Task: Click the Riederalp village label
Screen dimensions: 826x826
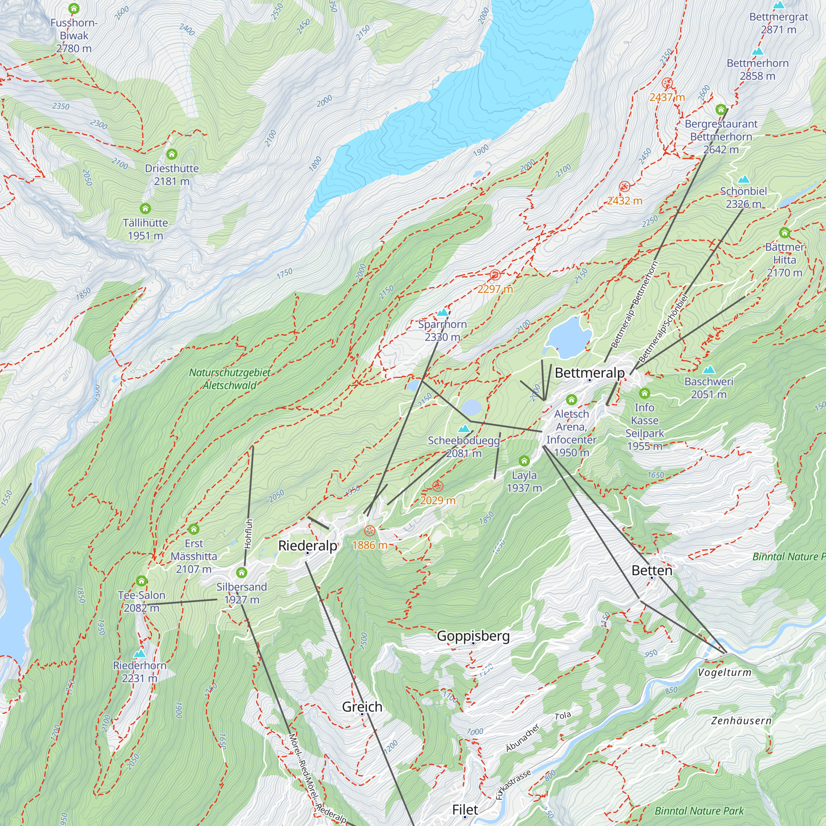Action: pyautogui.click(x=307, y=546)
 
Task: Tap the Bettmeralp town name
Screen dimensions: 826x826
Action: pyautogui.click(x=590, y=373)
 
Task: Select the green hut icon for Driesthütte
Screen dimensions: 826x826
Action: pyautogui.click(x=172, y=154)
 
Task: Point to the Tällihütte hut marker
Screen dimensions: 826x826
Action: pyautogui.click(x=145, y=209)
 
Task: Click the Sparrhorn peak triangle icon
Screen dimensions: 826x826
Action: pyautogui.click(x=442, y=312)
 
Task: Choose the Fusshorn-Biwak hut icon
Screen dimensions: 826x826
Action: pyautogui.click(x=74, y=8)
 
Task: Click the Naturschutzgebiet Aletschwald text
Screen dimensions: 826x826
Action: pyautogui.click(x=230, y=379)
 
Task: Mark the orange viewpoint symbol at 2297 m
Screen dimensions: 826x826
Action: pyautogui.click(x=495, y=275)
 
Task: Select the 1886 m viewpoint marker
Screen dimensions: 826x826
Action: pyautogui.click(x=369, y=532)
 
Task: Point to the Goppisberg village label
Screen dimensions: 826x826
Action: pyautogui.click(x=473, y=636)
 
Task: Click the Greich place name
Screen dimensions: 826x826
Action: pyautogui.click(x=362, y=707)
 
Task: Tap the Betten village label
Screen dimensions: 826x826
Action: pyautogui.click(x=652, y=570)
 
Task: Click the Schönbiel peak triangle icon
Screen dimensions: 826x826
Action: pyautogui.click(x=743, y=179)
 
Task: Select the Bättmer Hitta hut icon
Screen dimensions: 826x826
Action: pyautogui.click(x=785, y=233)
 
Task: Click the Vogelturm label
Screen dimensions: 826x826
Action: pyautogui.click(x=724, y=672)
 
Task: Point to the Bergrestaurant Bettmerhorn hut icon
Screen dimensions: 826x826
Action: pyautogui.click(x=721, y=109)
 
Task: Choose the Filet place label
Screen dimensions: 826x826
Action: pyautogui.click(x=465, y=810)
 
